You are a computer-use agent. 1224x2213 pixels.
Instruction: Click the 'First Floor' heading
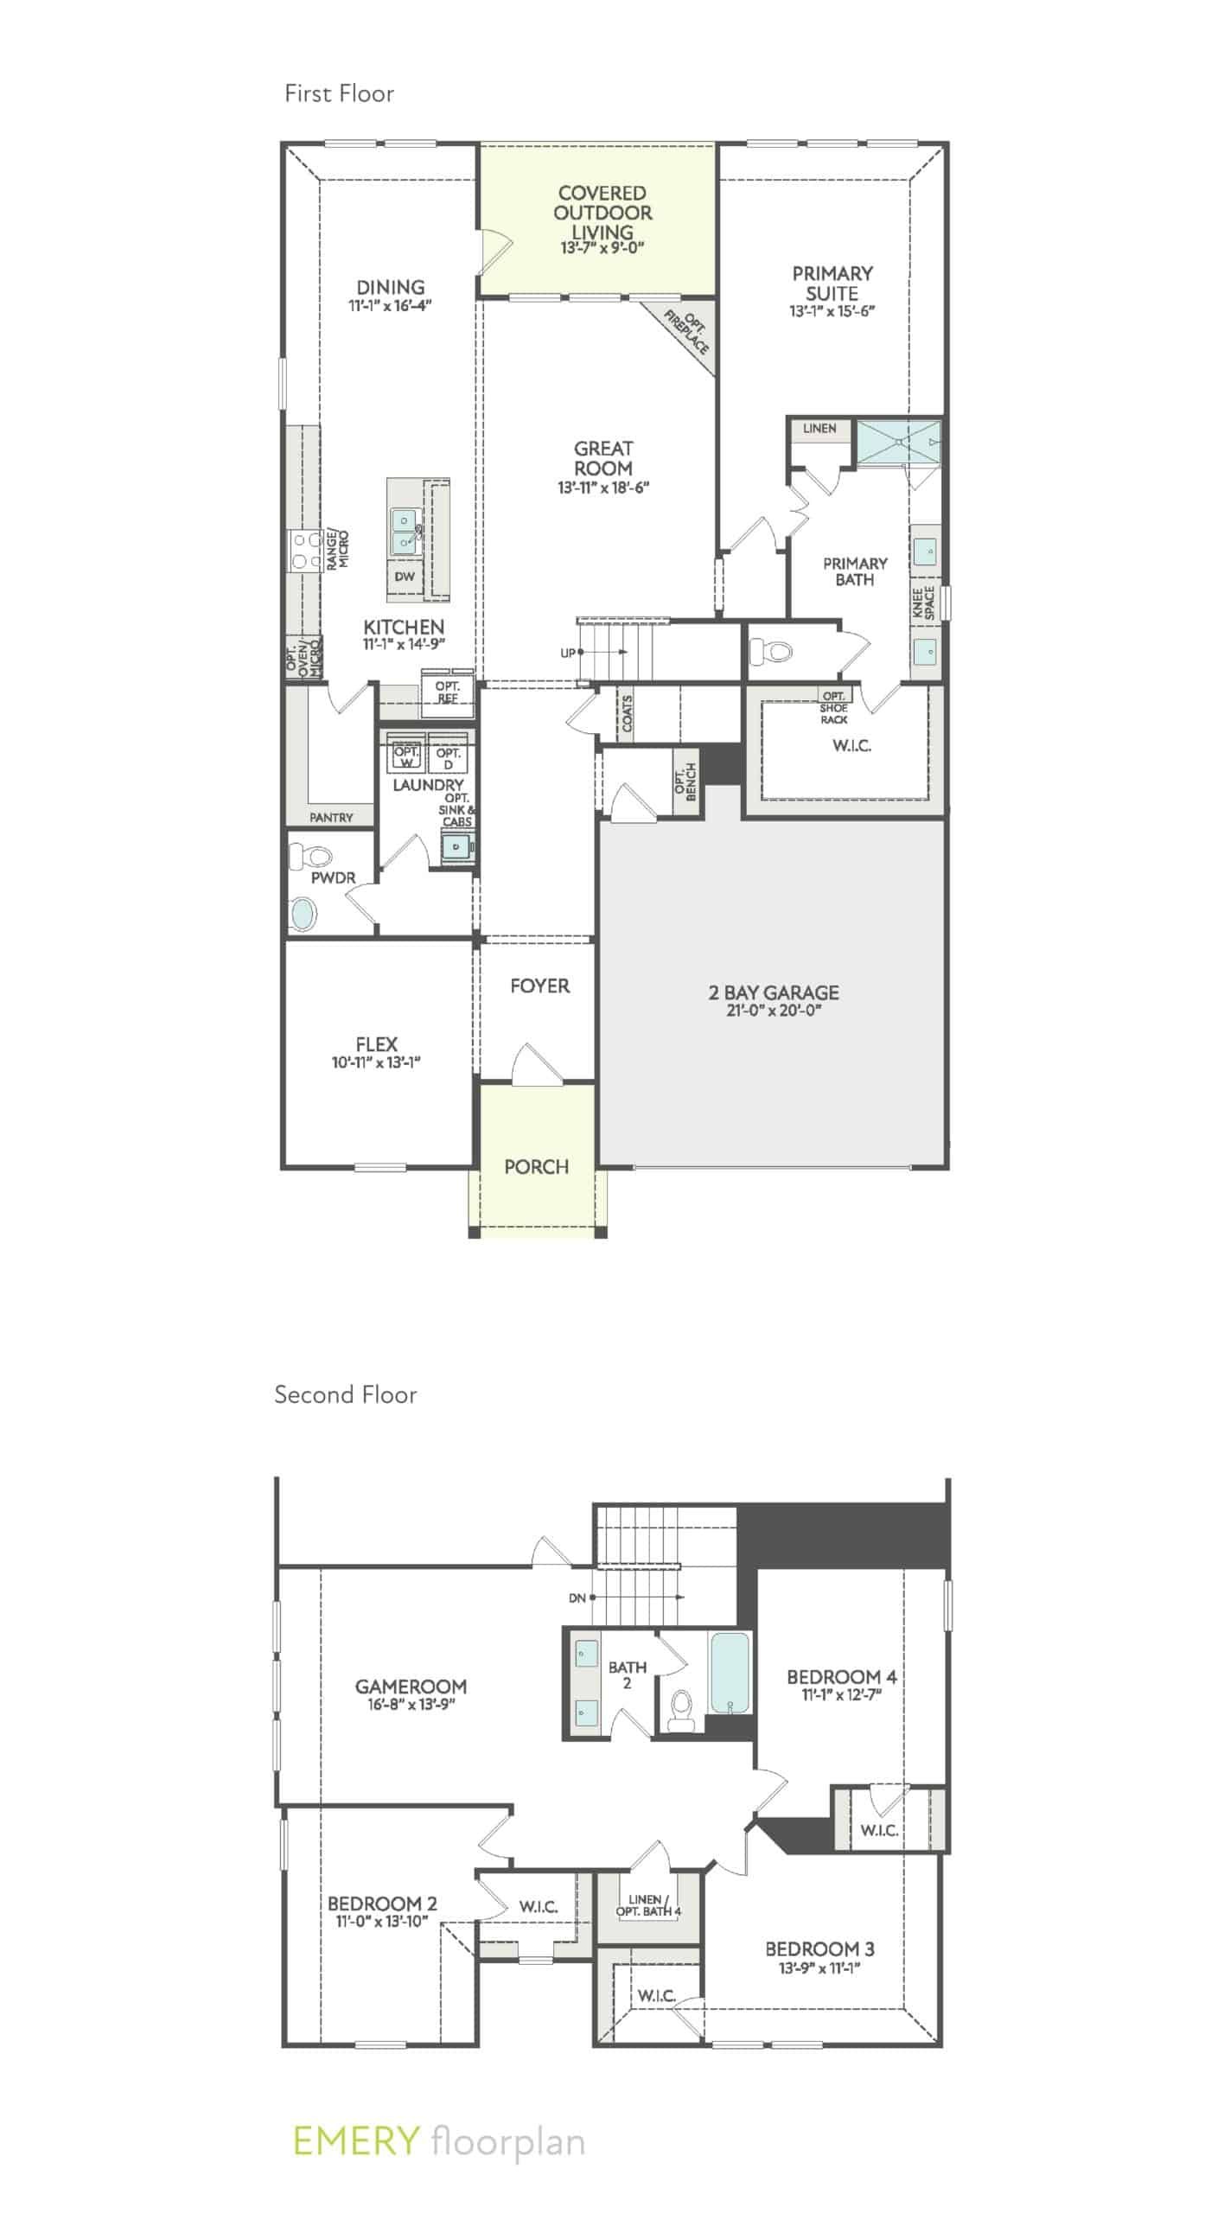coord(339,93)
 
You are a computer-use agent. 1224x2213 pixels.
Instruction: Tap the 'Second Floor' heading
coord(345,1394)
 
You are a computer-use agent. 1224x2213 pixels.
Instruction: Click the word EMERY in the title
coord(355,2141)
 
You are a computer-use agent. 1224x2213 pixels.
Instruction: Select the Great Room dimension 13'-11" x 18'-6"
coord(602,488)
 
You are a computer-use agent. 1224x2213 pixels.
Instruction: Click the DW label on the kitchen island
coord(404,577)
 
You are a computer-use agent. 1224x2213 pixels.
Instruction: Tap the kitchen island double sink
coord(404,531)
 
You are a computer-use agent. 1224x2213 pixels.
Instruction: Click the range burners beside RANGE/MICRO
coord(303,550)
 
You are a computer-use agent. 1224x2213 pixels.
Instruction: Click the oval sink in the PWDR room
coord(303,913)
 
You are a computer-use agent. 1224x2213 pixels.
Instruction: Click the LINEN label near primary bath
coord(819,428)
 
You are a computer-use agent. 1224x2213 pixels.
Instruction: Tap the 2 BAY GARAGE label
coord(774,992)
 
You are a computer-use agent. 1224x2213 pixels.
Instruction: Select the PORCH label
coord(536,1166)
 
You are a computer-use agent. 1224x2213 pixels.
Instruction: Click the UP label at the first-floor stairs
coord(567,653)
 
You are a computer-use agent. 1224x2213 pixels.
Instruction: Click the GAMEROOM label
coord(411,1686)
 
